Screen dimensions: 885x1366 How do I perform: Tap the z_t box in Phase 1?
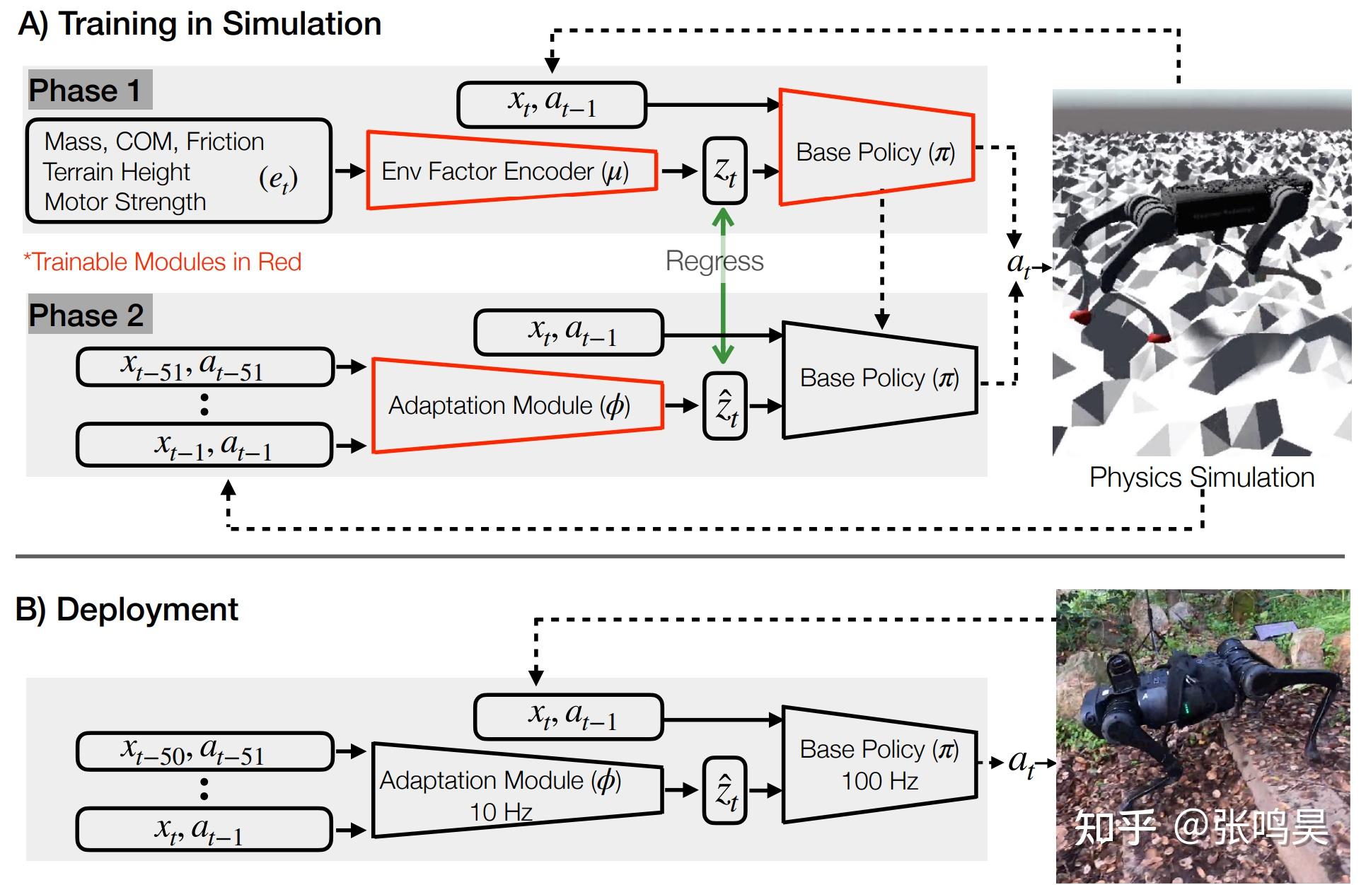tap(725, 170)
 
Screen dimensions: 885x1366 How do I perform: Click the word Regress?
tap(714, 261)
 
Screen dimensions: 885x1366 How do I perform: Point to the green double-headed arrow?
tap(723, 297)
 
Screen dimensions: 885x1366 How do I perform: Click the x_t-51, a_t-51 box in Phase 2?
tap(204, 366)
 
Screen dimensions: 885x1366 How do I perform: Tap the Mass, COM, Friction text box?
tap(178, 171)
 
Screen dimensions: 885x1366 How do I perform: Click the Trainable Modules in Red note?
tap(163, 262)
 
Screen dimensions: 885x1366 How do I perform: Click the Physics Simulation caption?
tap(1201, 478)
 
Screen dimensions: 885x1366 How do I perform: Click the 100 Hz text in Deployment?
tap(879, 781)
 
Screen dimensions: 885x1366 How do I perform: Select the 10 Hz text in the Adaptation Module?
tap(501, 811)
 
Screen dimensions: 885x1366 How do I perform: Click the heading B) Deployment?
tap(127, 610)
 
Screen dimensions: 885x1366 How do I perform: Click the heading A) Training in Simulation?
tap(199, 24)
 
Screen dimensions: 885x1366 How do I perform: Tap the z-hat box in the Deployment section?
tap(725, 791)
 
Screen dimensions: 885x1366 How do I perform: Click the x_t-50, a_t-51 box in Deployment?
tap(204, 751)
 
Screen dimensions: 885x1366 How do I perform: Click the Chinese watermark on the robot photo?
tap(1201, 826)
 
